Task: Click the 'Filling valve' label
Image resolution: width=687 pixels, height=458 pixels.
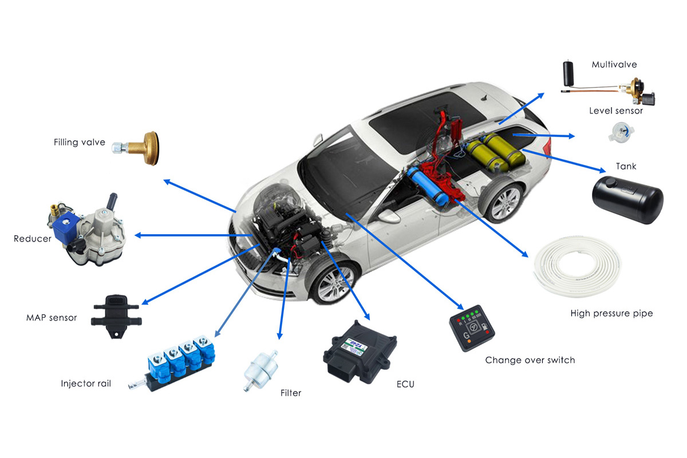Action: [x=80, y=143]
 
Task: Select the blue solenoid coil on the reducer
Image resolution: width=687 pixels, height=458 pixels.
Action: [x=65, y=228]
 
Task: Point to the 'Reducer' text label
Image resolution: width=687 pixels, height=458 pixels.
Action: [x=33, y=239]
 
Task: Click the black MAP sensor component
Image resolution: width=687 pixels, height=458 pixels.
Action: [x=116, y=316]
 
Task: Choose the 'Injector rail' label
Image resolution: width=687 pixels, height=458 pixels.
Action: [x=86, y=384]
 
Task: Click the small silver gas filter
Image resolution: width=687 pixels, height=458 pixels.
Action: [x=260, y=371]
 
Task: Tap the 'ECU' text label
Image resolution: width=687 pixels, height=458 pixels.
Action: [x=405, y=384]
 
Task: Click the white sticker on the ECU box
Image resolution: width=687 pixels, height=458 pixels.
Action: [x=355, y=346]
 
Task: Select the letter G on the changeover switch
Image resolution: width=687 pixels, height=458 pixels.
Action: [x=467, y=335]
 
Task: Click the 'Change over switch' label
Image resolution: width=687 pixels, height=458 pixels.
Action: [x=530, y=360]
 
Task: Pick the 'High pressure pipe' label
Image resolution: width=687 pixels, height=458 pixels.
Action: [x=611, y=313]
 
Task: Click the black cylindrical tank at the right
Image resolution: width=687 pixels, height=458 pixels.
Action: [x=627, y=200]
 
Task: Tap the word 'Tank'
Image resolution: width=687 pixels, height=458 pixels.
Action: [x=626, y=166]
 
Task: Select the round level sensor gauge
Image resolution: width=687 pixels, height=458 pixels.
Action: [x=621, y=132]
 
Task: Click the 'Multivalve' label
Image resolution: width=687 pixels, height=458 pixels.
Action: [x=614, y=65]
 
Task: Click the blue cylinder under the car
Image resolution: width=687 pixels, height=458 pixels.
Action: [x=428, y=187]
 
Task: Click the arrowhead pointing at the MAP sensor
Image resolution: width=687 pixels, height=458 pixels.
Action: [x=145, y=302]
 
